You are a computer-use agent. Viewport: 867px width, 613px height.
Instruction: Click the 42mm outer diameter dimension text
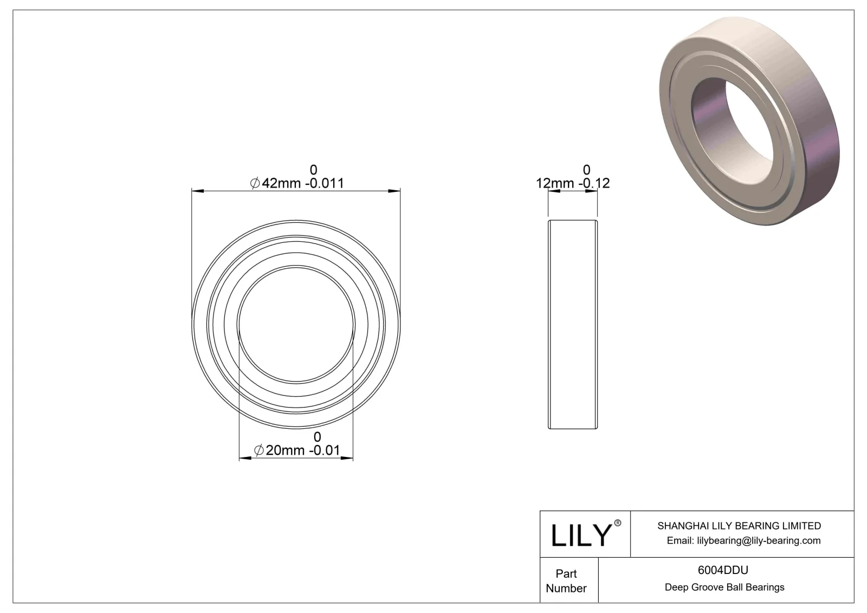click(x=297, y=183)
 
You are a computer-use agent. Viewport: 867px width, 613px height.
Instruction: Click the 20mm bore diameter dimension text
click(x=297, y=450)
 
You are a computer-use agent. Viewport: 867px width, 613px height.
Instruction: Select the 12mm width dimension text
click(x=573, y=183)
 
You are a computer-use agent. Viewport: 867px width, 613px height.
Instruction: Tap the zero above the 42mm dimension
click(x=313, y=170)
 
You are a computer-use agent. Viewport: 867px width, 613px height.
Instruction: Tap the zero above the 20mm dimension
click(x=318, y=436)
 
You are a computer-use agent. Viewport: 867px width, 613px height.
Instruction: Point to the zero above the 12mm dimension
click(x=586, y=170)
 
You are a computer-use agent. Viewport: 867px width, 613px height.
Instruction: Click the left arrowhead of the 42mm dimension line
click(x=198, y=191)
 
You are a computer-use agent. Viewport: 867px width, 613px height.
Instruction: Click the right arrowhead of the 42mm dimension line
click(x=395, y=191)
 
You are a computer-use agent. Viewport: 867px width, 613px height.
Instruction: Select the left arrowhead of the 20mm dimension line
click(x=245, y=459)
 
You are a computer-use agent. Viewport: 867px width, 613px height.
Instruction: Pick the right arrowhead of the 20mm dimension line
click(x=347, y=459)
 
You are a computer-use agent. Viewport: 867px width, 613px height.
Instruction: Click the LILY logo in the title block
click(x=581, y=535)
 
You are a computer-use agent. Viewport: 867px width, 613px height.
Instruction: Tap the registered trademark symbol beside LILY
click(x=617, y=524)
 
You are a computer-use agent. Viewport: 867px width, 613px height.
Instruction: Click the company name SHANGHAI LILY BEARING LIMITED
click(x=739, y=526)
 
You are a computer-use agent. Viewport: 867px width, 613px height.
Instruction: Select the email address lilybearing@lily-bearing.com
click(x=743, y=540)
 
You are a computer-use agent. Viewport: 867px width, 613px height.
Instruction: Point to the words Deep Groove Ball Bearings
click(x=724, y=587)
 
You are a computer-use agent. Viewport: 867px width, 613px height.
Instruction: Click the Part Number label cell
click(x=566, y=580)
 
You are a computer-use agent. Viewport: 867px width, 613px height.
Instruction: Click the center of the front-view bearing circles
click(x=296, y=324)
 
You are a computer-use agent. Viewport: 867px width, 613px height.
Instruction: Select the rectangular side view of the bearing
click(x=573, y=324)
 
